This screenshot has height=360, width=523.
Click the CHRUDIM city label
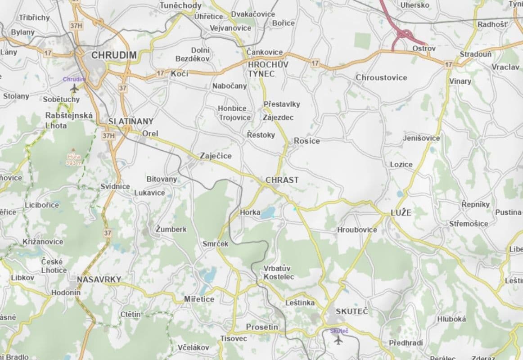tap(114, 55)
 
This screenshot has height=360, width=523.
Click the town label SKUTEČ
tap(352, 311)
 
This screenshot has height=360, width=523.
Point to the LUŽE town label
tap(401, 213)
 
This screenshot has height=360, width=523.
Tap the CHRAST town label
tap(282, 180)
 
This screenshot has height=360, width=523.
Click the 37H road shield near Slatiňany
tap(108, 135)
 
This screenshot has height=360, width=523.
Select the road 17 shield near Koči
tap(161, 73)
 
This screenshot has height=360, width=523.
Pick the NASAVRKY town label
tap(99, 279)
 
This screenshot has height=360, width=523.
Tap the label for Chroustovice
tap(381, 77)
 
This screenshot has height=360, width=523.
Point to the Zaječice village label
tap(216, 156)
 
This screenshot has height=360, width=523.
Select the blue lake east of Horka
tap(268, 213)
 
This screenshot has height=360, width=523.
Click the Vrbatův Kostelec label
tap(279, 272)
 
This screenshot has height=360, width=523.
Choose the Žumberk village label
tap(171, 229)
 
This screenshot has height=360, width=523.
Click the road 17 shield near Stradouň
tap(448, 65)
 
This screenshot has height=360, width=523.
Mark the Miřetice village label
tap(199, 299)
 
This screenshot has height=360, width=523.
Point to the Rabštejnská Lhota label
tap(69, 120)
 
